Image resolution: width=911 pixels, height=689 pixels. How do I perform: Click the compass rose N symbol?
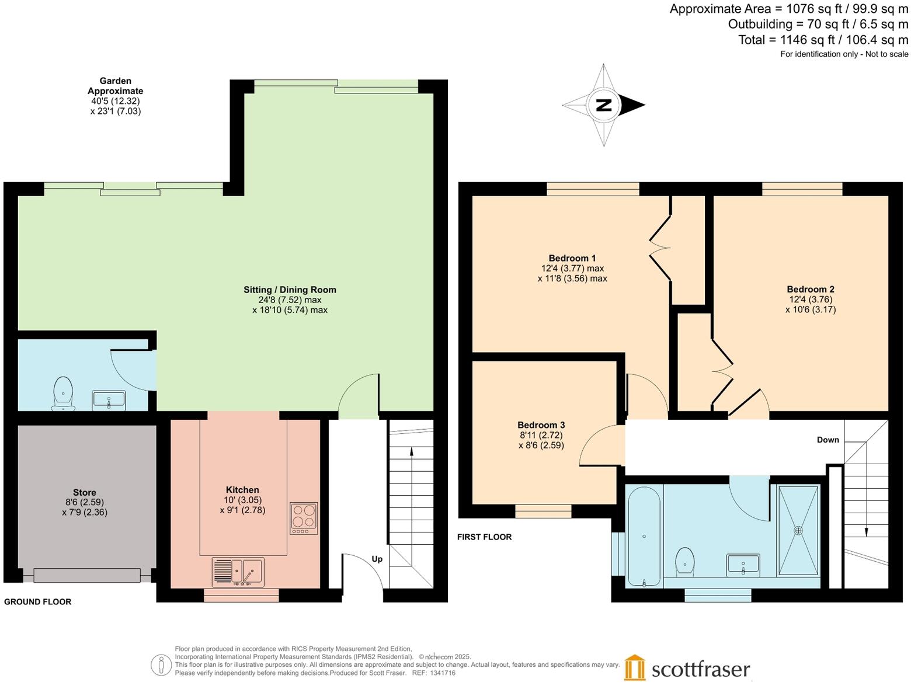[604, 105]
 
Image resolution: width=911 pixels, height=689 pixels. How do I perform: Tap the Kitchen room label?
[242, 490]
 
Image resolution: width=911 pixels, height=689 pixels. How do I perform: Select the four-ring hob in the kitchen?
[304, 518]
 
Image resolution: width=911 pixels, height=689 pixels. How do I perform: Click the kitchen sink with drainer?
[239, 572]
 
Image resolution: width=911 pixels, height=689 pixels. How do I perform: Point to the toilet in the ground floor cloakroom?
[63, 392]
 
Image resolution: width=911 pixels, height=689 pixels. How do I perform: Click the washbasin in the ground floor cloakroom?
[109, 401]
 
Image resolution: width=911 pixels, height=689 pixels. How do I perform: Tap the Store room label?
[85, 492]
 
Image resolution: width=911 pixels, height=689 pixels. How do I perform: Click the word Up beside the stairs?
[377, 559]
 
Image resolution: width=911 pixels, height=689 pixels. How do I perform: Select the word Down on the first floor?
[827, 440]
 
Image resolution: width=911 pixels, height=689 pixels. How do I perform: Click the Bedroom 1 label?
[572, 258]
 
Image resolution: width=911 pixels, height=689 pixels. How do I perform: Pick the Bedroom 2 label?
[811, 289]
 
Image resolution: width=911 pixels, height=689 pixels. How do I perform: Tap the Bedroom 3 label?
[541, 425]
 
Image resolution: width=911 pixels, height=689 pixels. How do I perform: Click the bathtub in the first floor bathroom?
[644, 536]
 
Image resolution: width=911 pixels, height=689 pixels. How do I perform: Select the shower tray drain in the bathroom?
[798, 531]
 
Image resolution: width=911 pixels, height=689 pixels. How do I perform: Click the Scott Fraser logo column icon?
[635, 667]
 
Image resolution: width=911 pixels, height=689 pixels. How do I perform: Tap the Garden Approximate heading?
[116, 86]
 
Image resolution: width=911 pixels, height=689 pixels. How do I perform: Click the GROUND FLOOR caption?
[38, 601]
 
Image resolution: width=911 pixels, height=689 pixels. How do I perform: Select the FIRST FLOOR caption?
[484, 537]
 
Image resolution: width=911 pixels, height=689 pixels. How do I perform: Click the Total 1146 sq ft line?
[823, 40]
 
